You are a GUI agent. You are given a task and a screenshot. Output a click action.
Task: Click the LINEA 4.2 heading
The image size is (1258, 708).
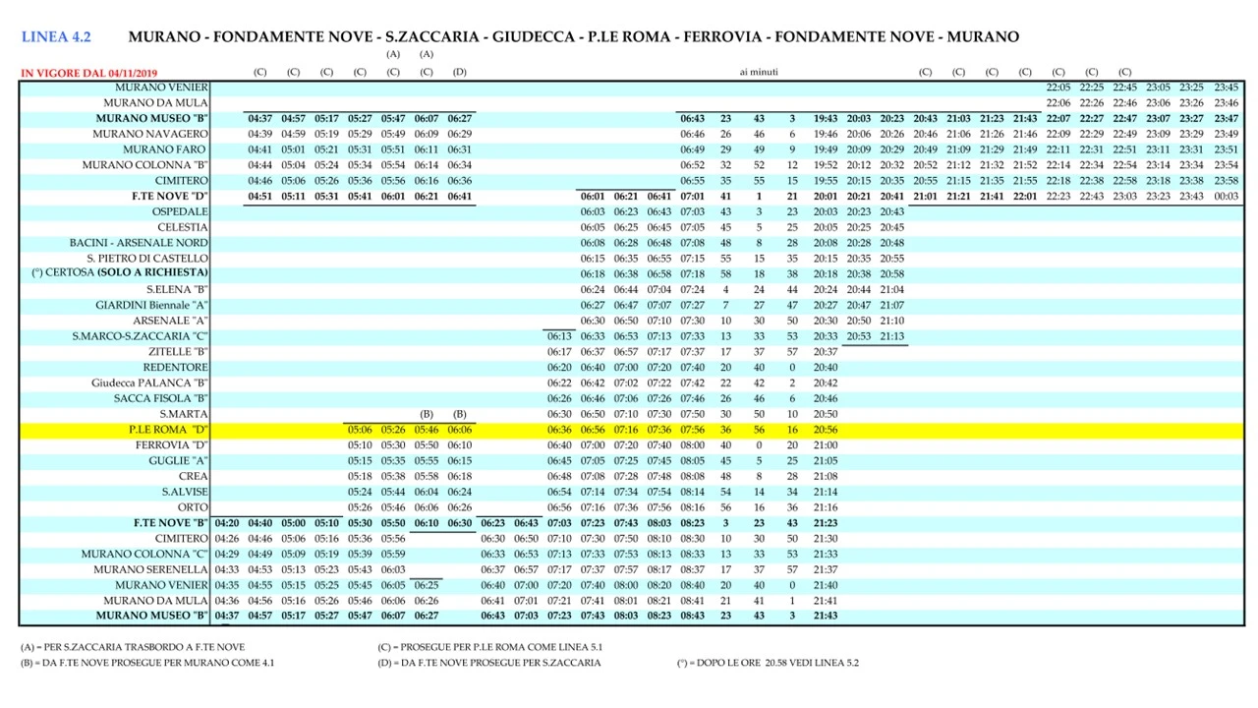tap(56, 37)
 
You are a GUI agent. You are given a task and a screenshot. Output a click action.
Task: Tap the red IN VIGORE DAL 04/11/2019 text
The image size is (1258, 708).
tap(88, 73)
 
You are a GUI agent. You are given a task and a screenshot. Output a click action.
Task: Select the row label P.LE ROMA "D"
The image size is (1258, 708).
tap(168, 430)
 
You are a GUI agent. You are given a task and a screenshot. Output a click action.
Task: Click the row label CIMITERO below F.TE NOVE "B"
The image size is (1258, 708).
tap(181, 539)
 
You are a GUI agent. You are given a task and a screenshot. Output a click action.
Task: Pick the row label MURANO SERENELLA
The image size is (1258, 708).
tap(150, 569)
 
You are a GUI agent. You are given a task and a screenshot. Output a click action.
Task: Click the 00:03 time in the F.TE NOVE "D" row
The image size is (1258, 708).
tap(1226, 196)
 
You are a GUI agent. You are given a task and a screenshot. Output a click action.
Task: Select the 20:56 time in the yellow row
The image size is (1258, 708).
tap(826, 430)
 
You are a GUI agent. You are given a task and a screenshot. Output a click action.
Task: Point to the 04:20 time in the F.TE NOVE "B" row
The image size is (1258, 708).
tap(227, 523)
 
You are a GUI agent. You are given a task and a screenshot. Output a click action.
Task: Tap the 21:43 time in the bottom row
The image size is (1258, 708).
tap(826, 616)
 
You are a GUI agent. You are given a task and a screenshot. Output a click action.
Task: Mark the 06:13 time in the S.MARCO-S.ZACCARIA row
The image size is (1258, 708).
tap(559, 336)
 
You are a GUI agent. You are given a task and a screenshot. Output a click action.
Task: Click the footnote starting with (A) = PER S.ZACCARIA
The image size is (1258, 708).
tap(132, 647)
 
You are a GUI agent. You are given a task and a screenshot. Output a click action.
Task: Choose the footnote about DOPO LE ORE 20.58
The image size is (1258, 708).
tap(767, 663)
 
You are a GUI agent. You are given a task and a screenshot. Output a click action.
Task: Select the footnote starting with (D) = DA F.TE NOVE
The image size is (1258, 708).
tap(488, 663)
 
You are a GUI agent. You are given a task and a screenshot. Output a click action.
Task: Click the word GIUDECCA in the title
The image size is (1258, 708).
tap(533, 37)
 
